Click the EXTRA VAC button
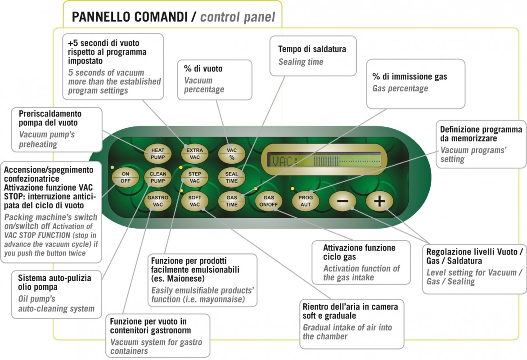point(194,154)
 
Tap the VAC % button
point(232,154)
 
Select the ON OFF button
point(125,177)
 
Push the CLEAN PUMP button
point(158,177)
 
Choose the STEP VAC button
point(194,177)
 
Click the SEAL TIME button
point(232,177)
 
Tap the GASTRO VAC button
point(158,201)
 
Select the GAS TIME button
point(232,201)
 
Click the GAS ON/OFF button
point(269,201)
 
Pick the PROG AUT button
point(306,201)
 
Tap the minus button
point(342,201)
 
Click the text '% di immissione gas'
point(410,76)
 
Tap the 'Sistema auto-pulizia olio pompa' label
point(54,283)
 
